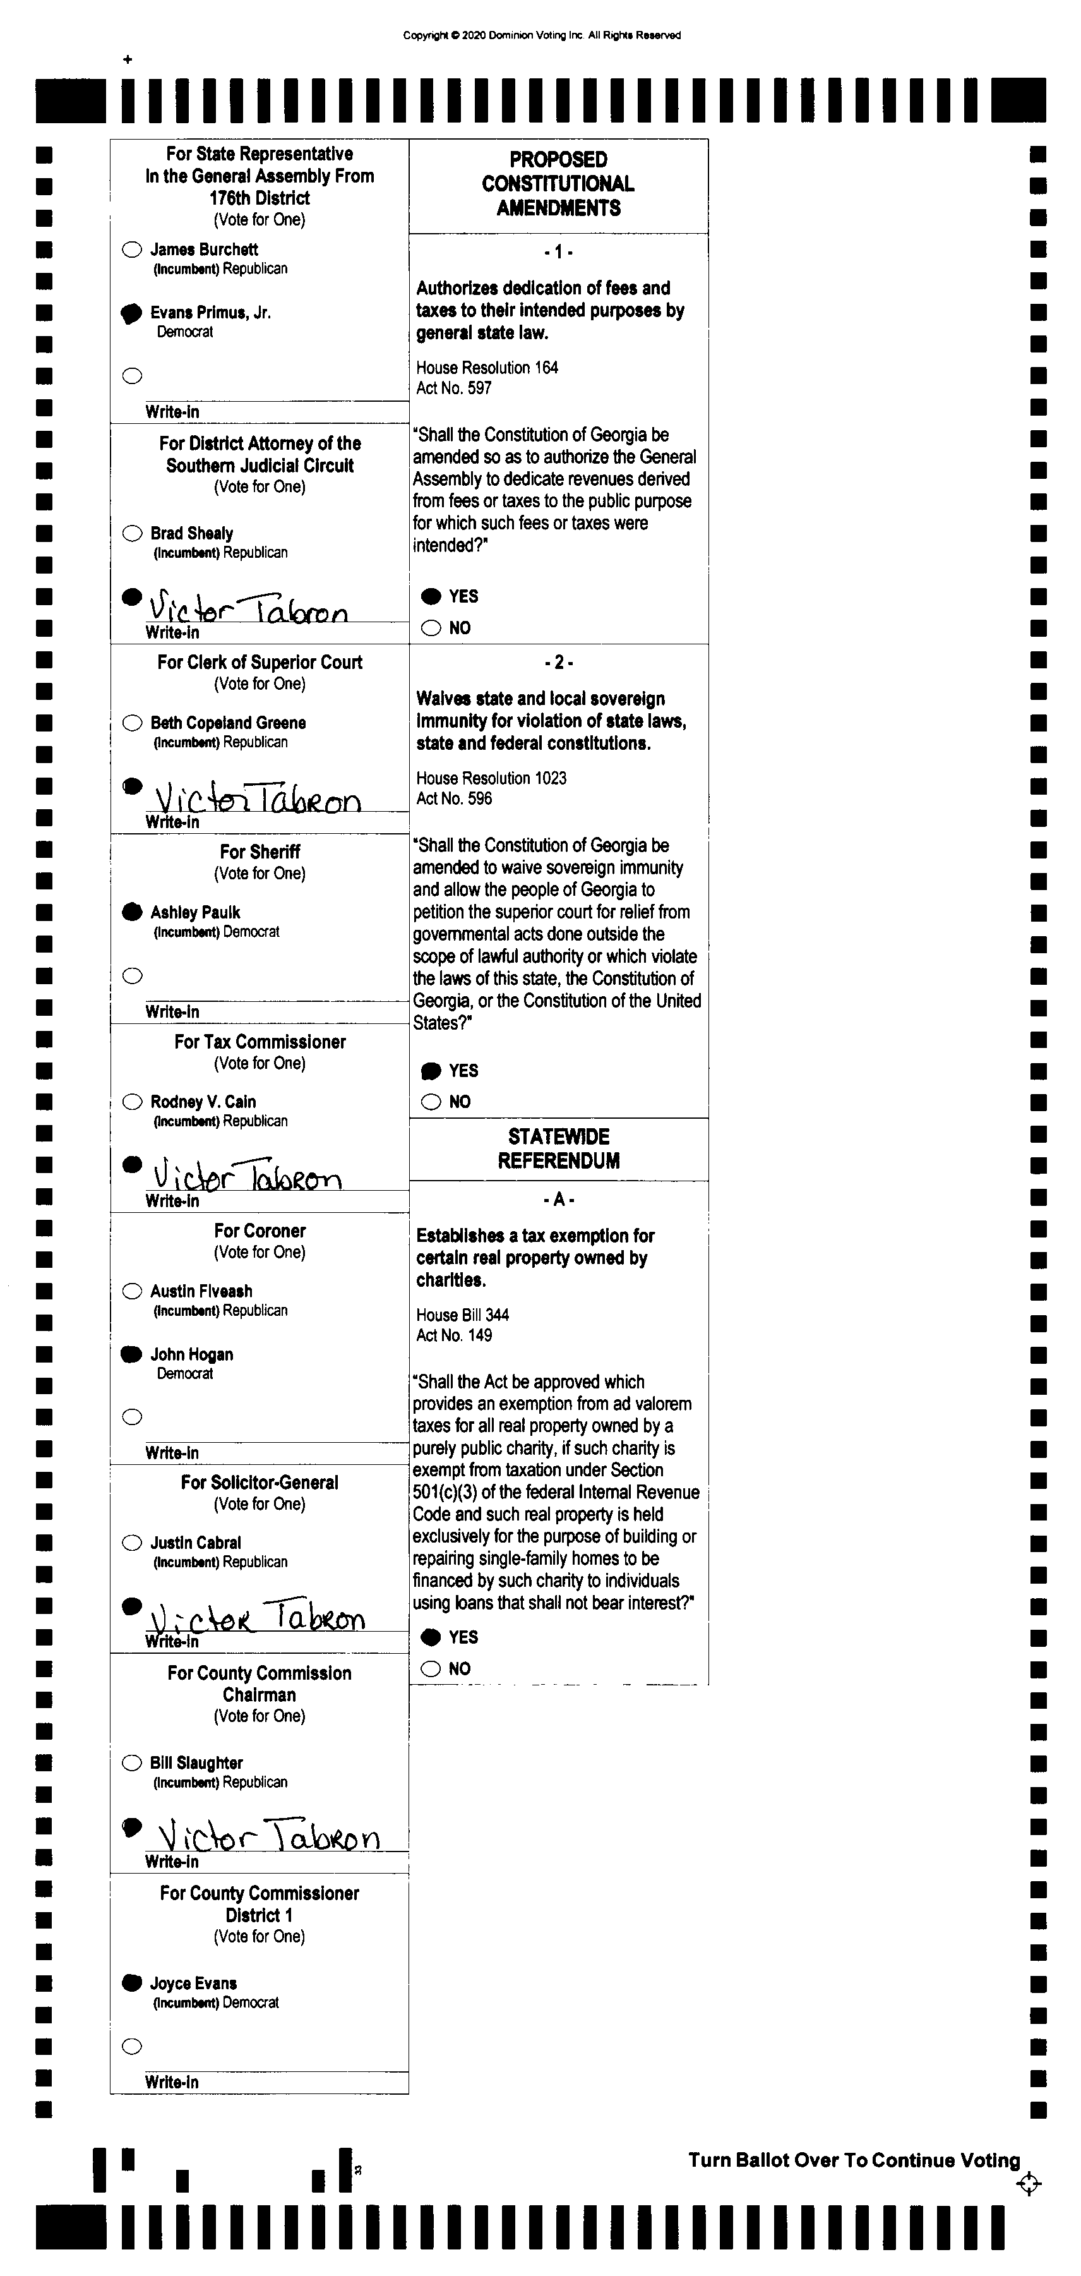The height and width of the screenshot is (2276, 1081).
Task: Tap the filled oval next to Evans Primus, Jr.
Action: click(x=131, y=313)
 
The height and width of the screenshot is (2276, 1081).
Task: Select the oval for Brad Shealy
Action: click(x=131, y=533)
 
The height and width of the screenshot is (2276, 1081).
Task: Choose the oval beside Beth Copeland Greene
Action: click(x=131, y=723)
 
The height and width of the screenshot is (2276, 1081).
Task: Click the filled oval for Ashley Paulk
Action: click(x=131, y=912)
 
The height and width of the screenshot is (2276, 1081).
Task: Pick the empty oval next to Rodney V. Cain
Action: click(x=131, y=1102)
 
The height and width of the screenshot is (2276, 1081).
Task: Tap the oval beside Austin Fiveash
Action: click(x=131, y=1291)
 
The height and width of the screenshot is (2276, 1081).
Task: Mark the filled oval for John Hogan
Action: click(x=131, y=1354)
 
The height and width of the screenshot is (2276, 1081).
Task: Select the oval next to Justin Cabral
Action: click(x=131, y=1543)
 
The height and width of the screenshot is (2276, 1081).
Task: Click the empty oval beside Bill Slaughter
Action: click(x=131, y=1762)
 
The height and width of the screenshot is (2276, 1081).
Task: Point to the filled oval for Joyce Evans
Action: click(x=131, y=1983)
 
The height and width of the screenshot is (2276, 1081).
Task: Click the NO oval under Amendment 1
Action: click(x=431, y=628)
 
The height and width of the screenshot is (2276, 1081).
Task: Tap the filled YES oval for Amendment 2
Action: click(x=431, y=1071)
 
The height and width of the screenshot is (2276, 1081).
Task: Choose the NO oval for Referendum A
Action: click(x=431, y=1668)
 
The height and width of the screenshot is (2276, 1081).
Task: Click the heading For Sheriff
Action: click(x=260, y=852)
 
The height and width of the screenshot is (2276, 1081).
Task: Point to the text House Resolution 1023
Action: click(x=491, y=778)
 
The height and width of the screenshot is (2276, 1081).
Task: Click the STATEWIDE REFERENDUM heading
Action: click(x=558, y=1148)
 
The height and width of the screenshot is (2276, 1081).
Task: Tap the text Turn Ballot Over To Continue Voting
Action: click(x=854, y=2160)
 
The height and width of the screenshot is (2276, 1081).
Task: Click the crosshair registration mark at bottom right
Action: click(x=1029, y=2184)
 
